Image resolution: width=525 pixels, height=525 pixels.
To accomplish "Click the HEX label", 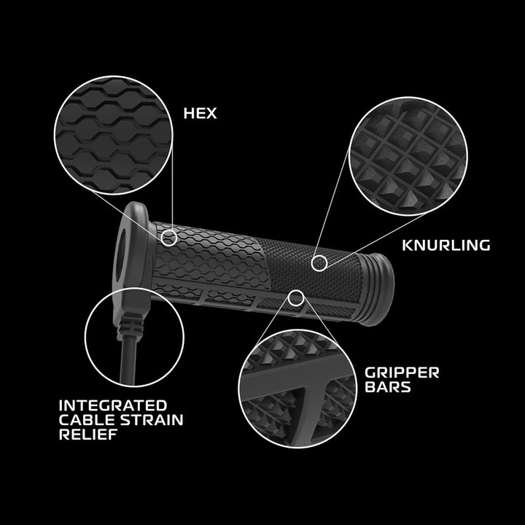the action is (200, 113).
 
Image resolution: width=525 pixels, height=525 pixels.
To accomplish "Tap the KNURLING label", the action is (446, 245).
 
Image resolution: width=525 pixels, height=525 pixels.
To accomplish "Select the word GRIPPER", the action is (402, 373).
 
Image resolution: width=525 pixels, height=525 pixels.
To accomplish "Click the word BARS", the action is (387, 387).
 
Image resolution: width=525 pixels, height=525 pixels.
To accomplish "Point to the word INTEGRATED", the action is (113, 405).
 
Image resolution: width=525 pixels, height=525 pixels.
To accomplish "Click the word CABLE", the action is (87, 420).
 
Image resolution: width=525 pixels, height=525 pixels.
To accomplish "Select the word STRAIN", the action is (152, 420).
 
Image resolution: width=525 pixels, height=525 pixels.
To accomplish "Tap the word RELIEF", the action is (88, 435).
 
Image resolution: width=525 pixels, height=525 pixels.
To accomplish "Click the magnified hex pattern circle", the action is (114, 136).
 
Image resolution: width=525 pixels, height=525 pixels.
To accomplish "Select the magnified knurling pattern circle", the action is (408, 156).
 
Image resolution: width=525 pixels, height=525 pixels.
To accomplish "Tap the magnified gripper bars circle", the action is (297, 389).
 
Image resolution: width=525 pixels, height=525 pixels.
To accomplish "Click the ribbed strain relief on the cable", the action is (131, 328).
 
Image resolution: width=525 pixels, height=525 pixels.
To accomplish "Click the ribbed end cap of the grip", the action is (377, 290).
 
